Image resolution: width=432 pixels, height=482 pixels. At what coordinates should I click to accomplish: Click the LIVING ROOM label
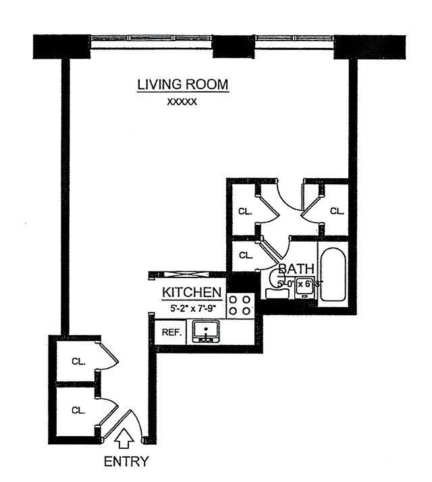183,85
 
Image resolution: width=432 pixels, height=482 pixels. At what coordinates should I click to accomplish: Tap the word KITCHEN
192,292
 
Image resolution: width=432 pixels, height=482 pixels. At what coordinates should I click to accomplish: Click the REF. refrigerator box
167,332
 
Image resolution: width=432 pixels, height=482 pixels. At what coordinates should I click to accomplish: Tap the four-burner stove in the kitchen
240,305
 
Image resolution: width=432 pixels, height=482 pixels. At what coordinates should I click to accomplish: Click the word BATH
296,269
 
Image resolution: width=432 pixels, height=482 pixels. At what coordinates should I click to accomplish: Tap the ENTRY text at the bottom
126,462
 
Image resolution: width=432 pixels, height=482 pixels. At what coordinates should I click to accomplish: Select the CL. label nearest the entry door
79,410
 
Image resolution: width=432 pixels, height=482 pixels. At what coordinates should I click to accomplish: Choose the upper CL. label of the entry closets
79,360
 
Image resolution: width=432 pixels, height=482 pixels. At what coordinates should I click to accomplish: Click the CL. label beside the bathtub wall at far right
336,211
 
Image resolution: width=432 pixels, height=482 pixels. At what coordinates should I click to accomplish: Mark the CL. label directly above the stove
245,255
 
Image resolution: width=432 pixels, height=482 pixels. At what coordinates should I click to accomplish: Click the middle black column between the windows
232,45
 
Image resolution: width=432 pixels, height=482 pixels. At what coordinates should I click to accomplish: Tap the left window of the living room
151,41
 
